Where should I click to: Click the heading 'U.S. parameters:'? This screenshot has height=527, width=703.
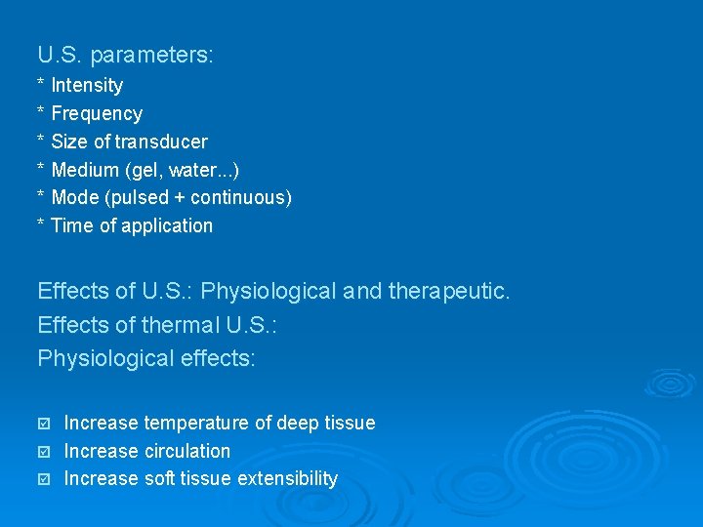click(125, 55)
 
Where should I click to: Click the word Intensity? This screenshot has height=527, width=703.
click(87, 86)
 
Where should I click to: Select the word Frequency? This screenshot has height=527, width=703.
click(97, 114)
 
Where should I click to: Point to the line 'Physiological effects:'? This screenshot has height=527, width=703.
click(146, 358)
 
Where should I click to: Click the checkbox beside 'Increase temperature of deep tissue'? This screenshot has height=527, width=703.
click(43, 424)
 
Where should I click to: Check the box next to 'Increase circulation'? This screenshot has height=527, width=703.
click(43, 452)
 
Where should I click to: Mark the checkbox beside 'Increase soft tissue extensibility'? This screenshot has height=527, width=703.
click(43, 479)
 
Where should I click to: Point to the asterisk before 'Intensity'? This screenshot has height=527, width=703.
click(41, 85)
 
